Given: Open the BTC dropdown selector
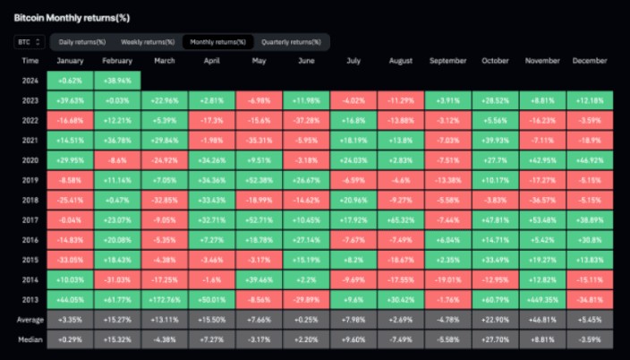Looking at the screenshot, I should [x=30, y=41].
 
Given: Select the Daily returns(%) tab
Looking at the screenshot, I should [x=82, y=42].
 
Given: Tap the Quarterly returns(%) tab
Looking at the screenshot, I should [x=290, y=42].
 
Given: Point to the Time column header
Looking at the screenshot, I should [x=30, y=61].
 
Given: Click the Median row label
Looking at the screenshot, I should [x=30, y=339].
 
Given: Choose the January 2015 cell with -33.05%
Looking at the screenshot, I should [x=69, y=260].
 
